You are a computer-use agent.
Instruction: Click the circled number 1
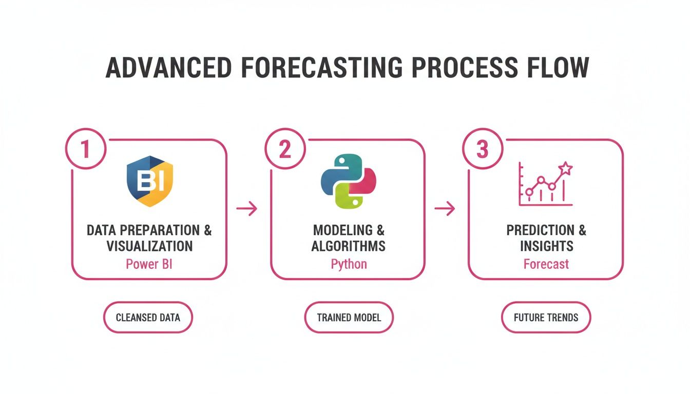(85, 149)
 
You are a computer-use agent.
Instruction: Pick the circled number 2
(284, 149)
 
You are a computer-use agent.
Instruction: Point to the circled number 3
(482, 149)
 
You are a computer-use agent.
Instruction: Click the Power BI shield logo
(149, 181)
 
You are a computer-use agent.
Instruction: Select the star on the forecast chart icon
(565, 168)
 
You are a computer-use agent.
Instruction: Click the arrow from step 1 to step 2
(246, 209)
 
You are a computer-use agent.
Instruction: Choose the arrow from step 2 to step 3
(445, 209)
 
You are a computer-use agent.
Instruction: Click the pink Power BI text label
(149, 264)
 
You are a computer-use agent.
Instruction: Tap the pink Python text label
(349, 264)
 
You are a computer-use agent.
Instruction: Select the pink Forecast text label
(546, 264)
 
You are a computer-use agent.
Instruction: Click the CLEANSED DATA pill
(148, 318)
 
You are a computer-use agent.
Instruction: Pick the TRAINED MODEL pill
(349, 318)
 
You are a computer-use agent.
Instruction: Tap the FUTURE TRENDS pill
(546, 318)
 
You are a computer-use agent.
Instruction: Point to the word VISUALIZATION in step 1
(149, 246)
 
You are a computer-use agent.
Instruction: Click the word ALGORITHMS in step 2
(349, 246)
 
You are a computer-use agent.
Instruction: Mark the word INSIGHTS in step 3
(546, 246)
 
